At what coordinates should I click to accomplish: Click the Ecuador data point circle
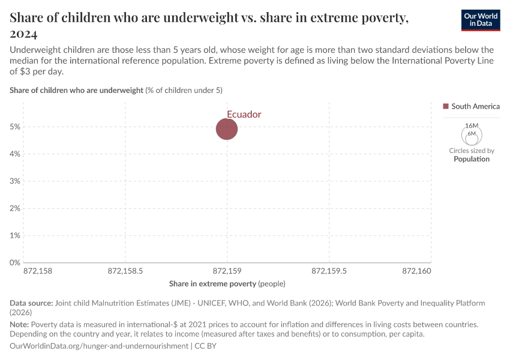(x=227, y=128)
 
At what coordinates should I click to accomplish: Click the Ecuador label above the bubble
(x=244, y=114)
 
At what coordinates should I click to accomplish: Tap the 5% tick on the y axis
(x=14, y=127)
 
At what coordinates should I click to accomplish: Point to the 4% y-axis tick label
(x=14, y=154)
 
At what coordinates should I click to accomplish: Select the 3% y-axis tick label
(x=14, y=181)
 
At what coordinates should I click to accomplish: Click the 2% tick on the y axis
(x=14, y=208)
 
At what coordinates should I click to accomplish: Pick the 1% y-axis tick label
(x=14, y=236)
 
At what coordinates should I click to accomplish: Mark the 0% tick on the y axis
(x=14, y=263)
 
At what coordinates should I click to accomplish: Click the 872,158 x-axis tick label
(x=38, y=271)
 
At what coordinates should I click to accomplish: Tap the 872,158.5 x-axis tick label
(x=125, y=271)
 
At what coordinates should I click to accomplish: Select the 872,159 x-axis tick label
(x=227, y=271)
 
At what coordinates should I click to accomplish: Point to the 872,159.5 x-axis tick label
(x=329, y=271)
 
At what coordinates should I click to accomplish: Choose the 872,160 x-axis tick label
(x=417, y=271)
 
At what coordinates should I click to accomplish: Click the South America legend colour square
(x=446, y=106)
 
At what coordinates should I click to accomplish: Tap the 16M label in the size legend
(x=472, y=125)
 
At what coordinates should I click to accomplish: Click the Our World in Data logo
(x=480, y=20)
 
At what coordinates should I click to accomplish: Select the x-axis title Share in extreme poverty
(x=227, y=283)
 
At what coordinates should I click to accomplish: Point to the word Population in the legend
(x=472, y=159)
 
